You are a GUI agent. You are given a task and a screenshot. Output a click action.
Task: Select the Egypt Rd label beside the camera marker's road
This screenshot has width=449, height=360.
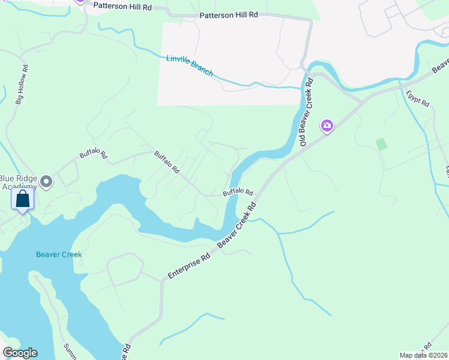[x=417, y=98]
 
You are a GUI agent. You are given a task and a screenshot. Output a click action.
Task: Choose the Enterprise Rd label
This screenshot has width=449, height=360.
[x=188, y=265]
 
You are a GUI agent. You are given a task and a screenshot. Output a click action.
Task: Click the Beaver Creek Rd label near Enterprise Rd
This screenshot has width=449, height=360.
[x=237, y=226]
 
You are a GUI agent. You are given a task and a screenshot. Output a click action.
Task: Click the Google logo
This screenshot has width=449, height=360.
[x=20, y=353]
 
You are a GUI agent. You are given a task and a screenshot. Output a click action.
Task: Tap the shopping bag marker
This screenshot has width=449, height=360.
[x=22, y=199]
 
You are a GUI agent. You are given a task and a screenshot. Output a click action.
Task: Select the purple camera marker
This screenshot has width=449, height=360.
[x=327, y=125]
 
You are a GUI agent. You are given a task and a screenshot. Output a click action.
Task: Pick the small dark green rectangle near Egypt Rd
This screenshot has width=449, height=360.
[x=381, y=144]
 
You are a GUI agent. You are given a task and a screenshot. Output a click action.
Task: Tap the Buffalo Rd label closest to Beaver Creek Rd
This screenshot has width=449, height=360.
[x=238, y=193]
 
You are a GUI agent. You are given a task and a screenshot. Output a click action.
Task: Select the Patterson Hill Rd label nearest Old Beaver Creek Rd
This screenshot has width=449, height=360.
[x=228, y=14]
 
